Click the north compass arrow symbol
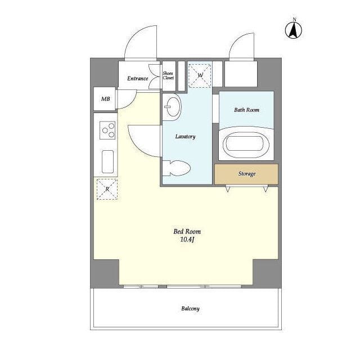[294, 30]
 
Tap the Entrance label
[137, 79]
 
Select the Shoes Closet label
[168, 75]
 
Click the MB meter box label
[106, 99]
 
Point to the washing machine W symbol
[200, 75]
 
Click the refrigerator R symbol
[107, 189]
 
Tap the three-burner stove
[107, 130]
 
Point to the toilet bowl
[177, 168]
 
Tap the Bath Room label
[246, 110]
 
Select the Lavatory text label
[185, 137]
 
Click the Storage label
[247, 174]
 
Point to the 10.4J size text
[187, 240]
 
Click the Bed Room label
[187, 231]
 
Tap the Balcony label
[190, 309]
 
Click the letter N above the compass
[294, 20]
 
